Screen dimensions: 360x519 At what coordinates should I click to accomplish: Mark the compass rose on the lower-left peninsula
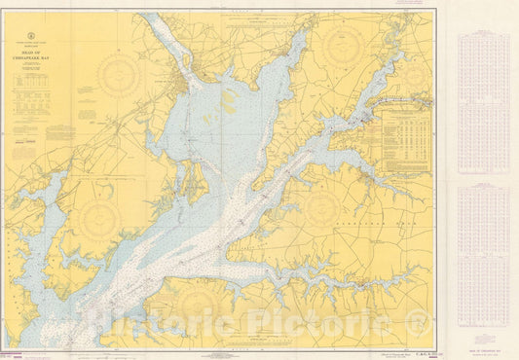(x=98, y=220)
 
